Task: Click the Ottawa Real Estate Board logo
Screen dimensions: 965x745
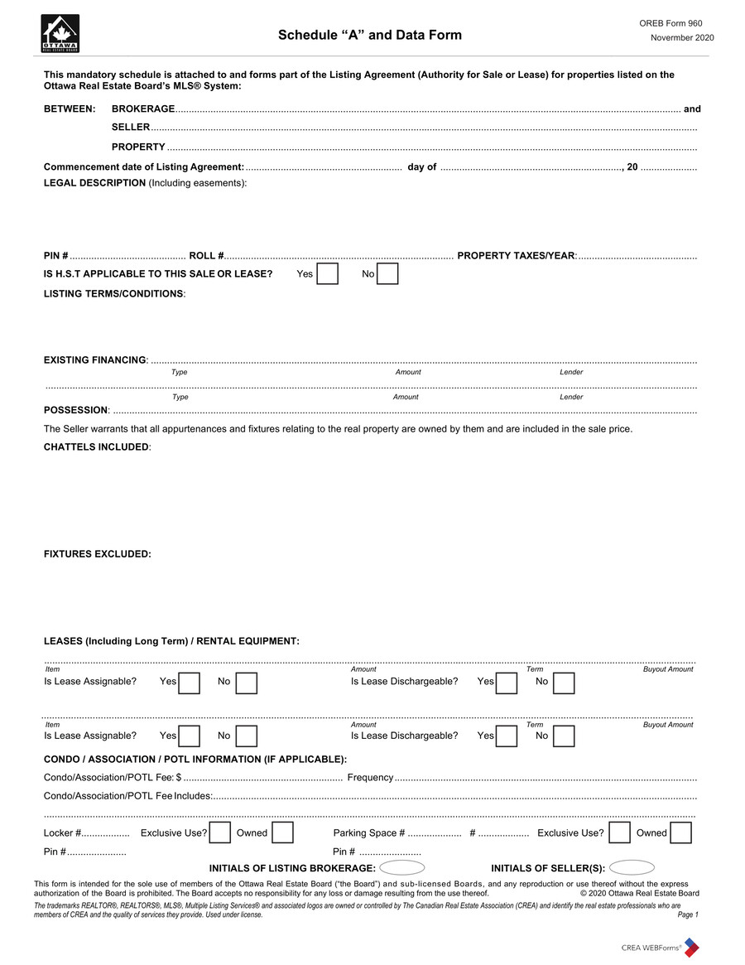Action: [60, 34]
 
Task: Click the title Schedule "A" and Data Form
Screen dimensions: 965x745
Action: [370, 35]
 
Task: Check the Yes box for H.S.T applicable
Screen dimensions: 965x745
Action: [328, 274]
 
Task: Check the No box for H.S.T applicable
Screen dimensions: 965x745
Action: [387, 274]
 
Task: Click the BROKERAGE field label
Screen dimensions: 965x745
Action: [143, 109]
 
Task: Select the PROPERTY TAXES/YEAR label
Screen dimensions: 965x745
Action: [516, 256]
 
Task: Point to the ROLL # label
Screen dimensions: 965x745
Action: [206, 256]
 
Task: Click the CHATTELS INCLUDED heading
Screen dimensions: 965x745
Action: [96, 447]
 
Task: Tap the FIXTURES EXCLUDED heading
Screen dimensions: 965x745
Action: [97, 554]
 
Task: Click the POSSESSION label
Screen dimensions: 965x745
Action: [76, 411]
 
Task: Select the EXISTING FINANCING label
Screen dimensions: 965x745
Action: [94, 359]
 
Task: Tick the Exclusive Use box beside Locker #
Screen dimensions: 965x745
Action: [220, 833]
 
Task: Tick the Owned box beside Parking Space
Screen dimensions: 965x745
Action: [680, 833]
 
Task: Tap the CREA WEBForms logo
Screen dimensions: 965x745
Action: [660, 947]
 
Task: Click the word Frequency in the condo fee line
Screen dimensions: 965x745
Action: [370, 778]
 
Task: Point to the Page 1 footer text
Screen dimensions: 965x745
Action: [688, 915]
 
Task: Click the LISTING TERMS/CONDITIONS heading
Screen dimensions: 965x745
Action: [114, 294]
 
